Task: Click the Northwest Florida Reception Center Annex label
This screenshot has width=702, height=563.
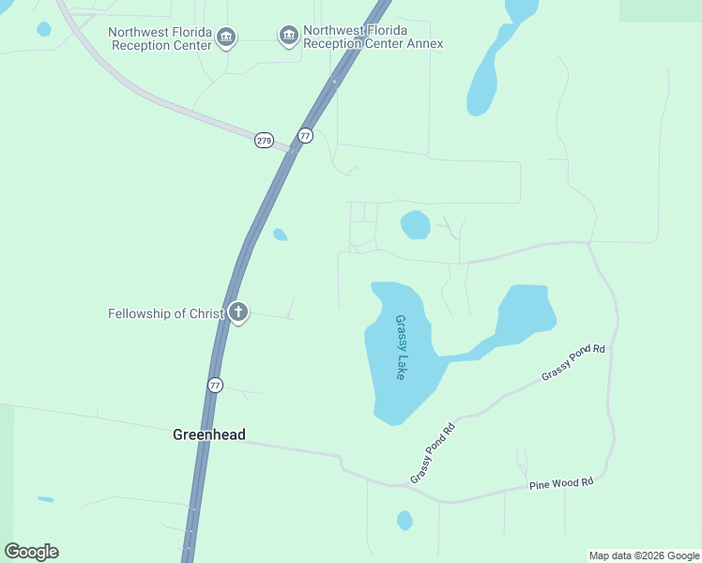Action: tap(373, 37)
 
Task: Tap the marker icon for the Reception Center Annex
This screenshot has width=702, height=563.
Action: tap(288, 37)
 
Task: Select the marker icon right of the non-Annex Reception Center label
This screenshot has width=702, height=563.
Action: tap(225, 38)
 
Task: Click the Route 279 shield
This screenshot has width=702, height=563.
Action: tap(264, 140)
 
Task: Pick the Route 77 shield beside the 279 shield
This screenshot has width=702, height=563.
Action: tap(305, 136)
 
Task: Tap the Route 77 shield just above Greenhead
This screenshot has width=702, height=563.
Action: tap(216, 386)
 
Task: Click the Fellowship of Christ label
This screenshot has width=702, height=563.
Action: tap(166, 313)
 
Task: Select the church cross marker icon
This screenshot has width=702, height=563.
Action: tap(238, 312)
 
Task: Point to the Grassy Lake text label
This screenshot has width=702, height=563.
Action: tap(402, 347)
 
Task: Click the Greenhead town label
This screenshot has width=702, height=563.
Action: tap(208, 434)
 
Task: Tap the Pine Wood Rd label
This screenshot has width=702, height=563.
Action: tap(562, 483)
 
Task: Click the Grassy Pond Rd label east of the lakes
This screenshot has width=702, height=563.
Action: tap(573, 363)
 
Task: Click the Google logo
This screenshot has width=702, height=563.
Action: tap(31, 552)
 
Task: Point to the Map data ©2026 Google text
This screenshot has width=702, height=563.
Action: tap(644, 555)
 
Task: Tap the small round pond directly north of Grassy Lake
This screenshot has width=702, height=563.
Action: tap(415, 225)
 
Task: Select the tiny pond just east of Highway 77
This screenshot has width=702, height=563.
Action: tap(280, 235)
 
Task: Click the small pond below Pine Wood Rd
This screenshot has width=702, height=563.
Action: tap(404, 520)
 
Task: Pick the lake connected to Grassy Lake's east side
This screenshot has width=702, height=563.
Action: tap(525, 314)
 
